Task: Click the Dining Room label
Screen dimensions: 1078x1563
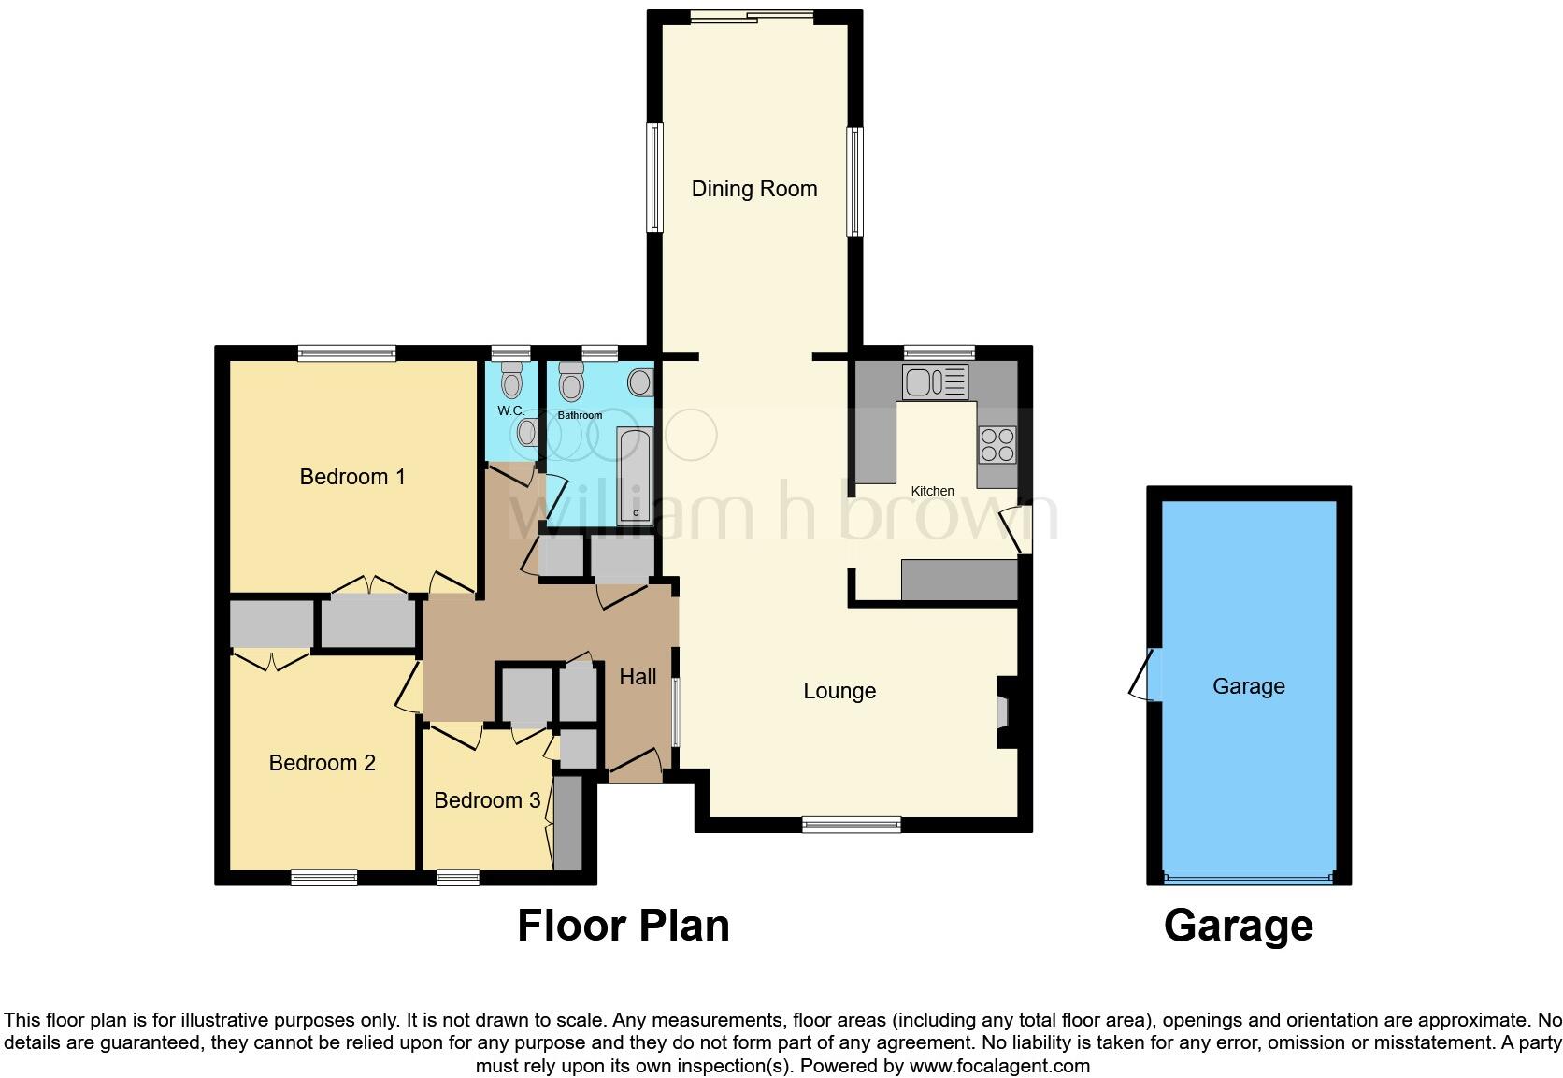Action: click(753, 189)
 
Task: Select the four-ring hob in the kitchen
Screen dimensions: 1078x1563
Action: click(997, 444)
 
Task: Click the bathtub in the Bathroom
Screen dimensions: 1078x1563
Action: click(636, 475)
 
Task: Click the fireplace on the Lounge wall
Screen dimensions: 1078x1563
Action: click(1005, 712)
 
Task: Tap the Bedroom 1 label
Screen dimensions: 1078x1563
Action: click(351, 477)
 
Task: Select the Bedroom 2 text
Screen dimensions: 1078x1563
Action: click(322, 763)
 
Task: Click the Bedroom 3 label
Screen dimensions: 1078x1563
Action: click(486, 800)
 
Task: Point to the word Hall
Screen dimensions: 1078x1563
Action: click(638, 677)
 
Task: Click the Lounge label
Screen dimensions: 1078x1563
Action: click(839, 691)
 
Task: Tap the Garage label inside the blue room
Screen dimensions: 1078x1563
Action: click(1248, 686)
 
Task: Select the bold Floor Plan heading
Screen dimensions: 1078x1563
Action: click(623, 926)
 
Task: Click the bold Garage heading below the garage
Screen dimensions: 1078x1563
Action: click(1238, 926)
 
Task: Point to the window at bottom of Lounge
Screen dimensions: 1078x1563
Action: click(851, 825)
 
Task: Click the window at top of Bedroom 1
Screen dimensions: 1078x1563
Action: click(347, 352)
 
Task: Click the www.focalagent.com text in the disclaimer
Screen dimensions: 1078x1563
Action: click(998, 1066)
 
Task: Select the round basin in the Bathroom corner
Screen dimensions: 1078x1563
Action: click(640, 381)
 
